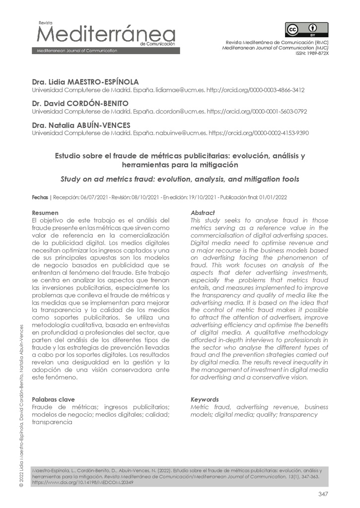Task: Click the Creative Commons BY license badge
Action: [306, 30]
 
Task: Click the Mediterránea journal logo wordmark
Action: [104, 35]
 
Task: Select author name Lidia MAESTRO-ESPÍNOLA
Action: [85, 82]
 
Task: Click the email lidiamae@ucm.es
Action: [172, 90]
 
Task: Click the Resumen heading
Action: [45, 213]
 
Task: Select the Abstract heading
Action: [203, 213]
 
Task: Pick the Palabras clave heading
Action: [53, 399]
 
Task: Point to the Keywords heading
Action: [205, 399]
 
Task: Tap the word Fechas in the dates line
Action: [40, 197]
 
